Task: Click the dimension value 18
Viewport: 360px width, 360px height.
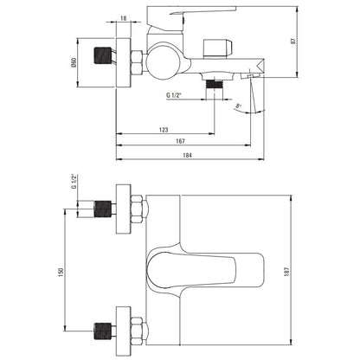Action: coord(123,18)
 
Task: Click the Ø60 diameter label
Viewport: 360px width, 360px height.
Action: coord(74,62)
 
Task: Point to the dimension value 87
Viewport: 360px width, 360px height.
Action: coord(294,41)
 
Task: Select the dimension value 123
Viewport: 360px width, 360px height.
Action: coord(164,130)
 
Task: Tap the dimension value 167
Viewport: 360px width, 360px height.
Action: coord(180,141)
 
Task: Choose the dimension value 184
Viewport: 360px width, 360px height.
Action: coord(188,155)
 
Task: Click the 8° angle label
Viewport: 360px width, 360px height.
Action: coord(238,106)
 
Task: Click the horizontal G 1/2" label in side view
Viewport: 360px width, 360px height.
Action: coord(173,95)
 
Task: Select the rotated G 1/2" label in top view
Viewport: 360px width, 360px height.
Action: coord(74,182)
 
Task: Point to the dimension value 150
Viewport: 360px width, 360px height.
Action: coord(61,272)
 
